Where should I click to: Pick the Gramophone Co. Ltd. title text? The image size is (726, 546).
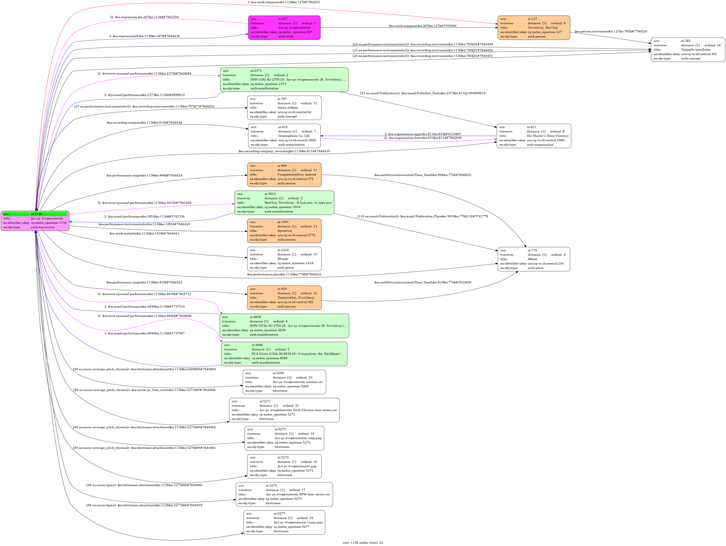pyautogui.click(x=294, y=136)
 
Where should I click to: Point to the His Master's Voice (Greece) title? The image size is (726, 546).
pyautogui.click(x=547, y=136)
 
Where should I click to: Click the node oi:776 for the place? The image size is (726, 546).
pyautogui.click(x=534, y=259)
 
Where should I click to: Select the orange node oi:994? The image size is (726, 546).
pyautogui.click(x=284, y=174)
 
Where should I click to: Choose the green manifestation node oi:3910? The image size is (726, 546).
pyautogui.click(x=284, y=203)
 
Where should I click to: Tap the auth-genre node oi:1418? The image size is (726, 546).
pyautogui.click(x=284, y=259)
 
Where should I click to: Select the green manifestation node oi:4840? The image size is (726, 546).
pyautogui.click(x=284, y=354)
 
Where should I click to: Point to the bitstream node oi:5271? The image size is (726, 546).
pyautogui.click(x=284, y=410)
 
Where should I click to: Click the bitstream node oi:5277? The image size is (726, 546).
pyautogui.click(x=284, y=522)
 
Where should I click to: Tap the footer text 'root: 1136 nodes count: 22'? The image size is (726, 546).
pyautogui.click(x=363, y=542)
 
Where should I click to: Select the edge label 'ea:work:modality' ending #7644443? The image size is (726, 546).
pyautogui.click(x=144, y=234)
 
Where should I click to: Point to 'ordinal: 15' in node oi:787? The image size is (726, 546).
pyautogui.click(x=309, y=103)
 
